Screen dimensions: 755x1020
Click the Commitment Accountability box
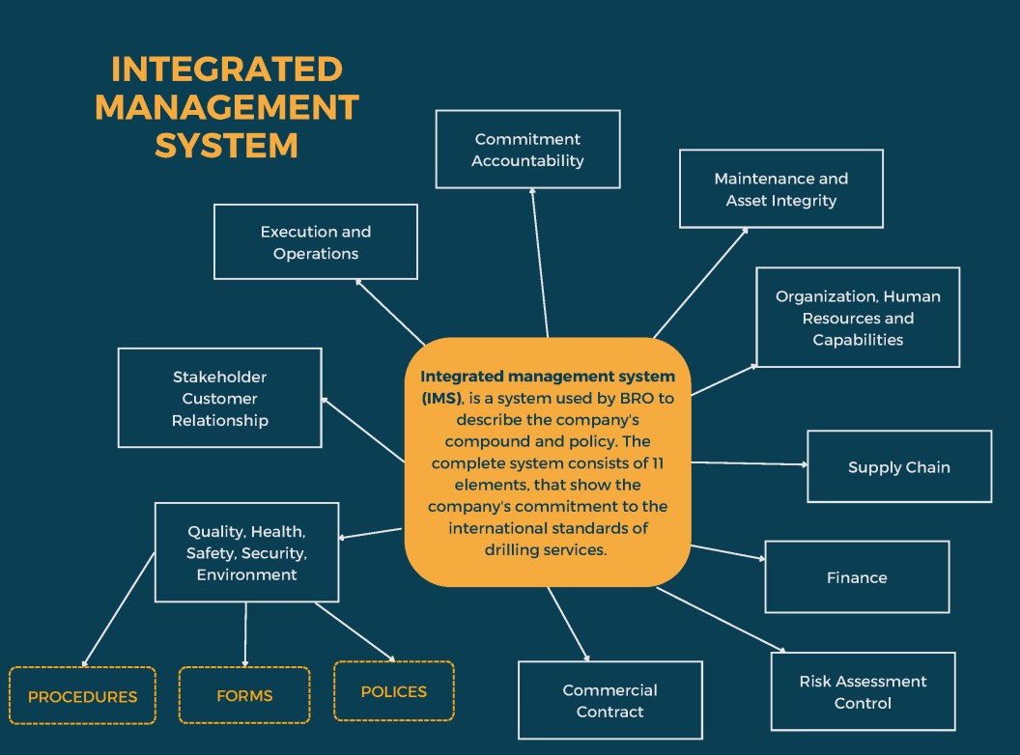(x=527, y=150)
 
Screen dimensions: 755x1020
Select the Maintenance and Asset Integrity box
(x=780, y=189)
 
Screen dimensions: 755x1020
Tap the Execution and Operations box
(x=316, y=242)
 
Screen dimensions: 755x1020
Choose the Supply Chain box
(x=898, y=467)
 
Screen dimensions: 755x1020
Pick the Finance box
(x=857, y=577)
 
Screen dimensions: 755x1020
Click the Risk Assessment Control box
(x=863, y=691)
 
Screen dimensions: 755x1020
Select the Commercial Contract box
(x=609, y=700)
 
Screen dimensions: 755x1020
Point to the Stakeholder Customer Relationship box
(x=219, y=398)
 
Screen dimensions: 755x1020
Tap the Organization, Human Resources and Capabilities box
(x=858, y=318)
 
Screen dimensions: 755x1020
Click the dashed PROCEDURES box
(x=82, y=696)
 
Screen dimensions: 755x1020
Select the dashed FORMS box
(x=244, y=695)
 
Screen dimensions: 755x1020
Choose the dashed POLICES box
(x=393, y=691)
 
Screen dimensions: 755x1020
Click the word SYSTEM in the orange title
(x=226, y=145)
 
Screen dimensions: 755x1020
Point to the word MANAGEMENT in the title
(x=226, y=107)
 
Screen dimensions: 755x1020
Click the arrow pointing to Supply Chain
(x=750, y=463)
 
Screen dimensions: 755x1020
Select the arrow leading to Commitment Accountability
(x=539, y=261)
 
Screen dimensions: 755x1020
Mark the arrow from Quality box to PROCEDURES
(x=118, y=609)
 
